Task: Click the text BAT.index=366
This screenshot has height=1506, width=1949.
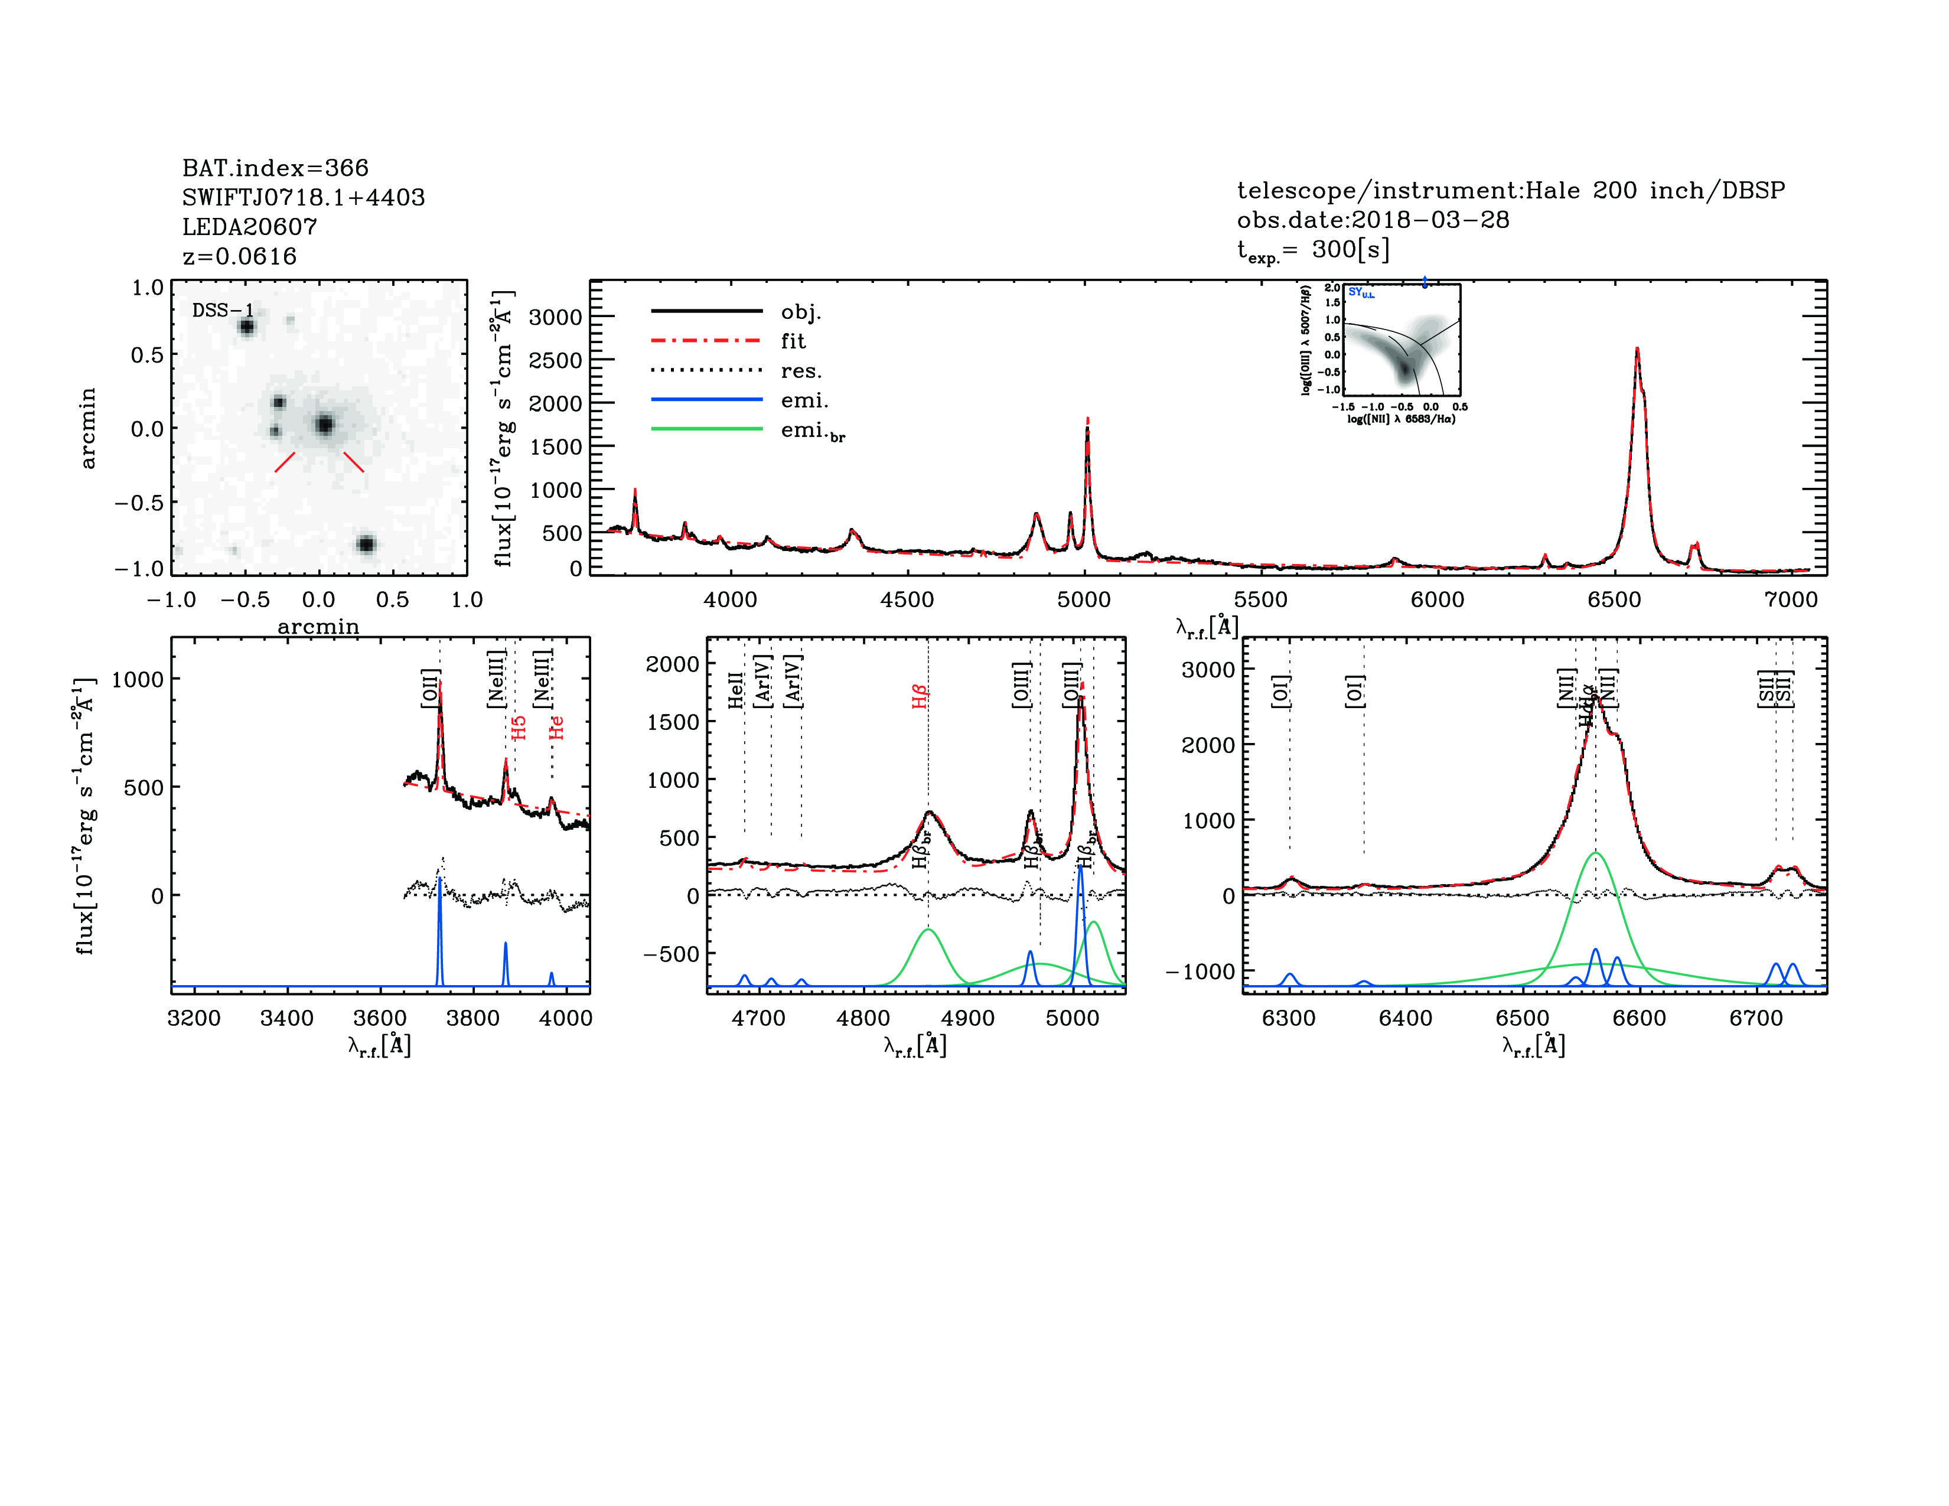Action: [x=275, y=168]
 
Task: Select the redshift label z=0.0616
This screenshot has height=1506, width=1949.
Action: [x=239, y=256]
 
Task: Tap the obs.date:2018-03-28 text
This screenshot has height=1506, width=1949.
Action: [x=1373, y=220]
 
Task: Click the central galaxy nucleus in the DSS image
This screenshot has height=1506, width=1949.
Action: [x=324, y=425]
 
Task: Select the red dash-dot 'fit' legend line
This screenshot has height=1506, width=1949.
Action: [x=707, y=341]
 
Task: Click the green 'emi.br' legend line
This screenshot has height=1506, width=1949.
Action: [x=707, y=429]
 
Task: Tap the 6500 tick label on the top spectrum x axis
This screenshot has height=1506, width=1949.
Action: [x=1614, y=599]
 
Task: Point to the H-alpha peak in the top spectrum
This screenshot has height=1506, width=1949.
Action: [x=1637, y=350]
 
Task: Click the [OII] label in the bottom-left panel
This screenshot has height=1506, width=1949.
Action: [x=430, y=688]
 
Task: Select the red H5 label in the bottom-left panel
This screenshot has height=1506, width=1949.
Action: [x=519, y=727]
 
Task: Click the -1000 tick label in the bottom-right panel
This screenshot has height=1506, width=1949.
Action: [x=1200, y=971]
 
